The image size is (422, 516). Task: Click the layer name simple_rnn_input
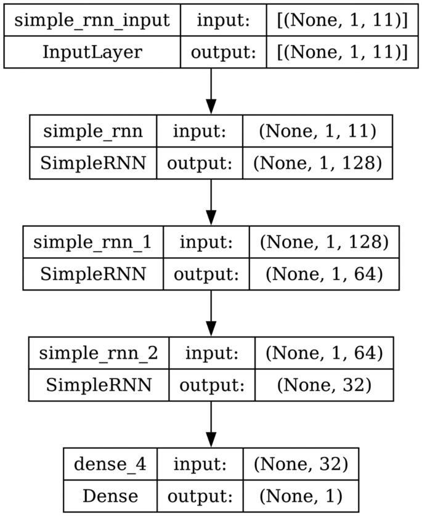click(92, 20)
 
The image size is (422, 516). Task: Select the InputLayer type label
click(92, 52)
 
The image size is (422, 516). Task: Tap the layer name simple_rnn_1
click(93, 242)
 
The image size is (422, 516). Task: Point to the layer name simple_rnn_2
click(99, 353)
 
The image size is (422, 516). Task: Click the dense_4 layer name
click(110, 464)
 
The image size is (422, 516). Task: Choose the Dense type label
click(110, 495)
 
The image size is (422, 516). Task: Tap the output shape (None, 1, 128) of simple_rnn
click(317, 163)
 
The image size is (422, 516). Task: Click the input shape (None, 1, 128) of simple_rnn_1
click(323, 242)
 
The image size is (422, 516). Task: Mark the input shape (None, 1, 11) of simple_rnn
click(317, 131)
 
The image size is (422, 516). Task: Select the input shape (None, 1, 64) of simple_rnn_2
click(323, 353)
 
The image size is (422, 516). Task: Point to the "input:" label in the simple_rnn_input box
click(223, 20)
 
